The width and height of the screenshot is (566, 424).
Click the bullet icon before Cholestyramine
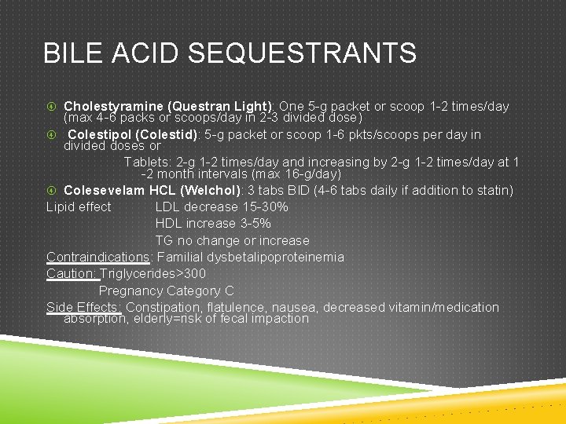pos(51,106)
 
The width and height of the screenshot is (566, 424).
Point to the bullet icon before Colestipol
pos(51,134)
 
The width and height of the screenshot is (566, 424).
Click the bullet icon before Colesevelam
pos(51,190)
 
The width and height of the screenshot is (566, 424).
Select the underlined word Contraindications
pos(97,257)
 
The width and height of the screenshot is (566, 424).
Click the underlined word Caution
pos(72,273)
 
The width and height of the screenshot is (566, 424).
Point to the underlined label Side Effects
pos(83,307)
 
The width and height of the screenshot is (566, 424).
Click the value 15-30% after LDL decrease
pos(263,207)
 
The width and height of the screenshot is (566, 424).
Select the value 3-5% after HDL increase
pos(255,224)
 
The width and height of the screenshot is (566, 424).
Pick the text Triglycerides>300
pos(153,273)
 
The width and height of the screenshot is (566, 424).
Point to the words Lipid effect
pos(79,207)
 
